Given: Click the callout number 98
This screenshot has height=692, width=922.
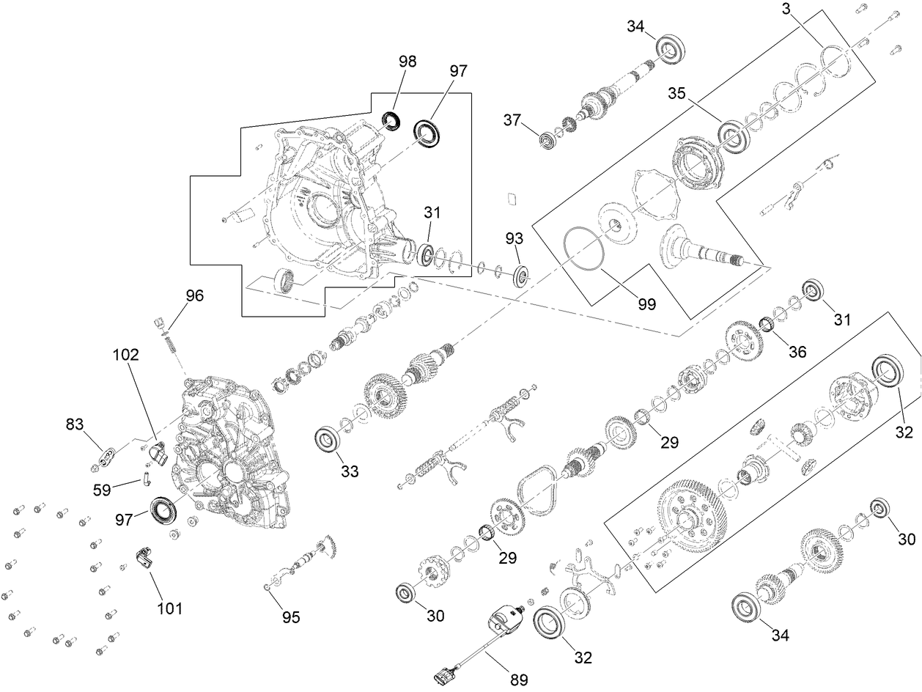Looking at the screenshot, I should pyautogui.click(x=407, y=62).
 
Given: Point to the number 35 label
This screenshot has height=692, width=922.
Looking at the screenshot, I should pyautogui.click(x=678, y=93).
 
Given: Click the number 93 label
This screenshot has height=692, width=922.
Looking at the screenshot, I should pyautogui.click(x=515, y=239).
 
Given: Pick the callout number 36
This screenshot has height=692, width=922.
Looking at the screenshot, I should pyautogui.click(x=797, y=351).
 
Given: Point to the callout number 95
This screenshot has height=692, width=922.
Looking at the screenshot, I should pyautogui.click(x=292, y=617).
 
